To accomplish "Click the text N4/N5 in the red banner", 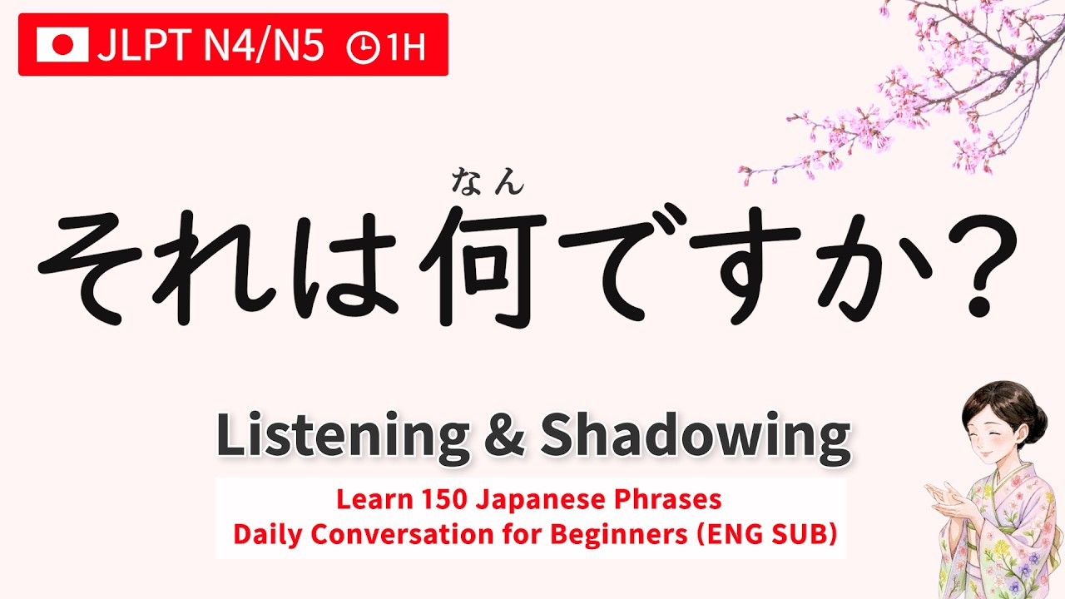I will [263, 48].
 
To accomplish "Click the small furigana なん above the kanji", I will [488, 181].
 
